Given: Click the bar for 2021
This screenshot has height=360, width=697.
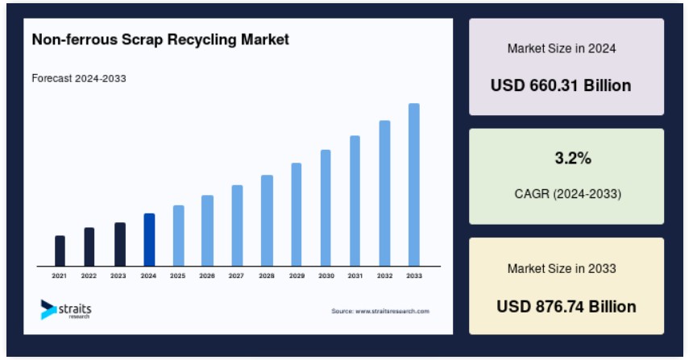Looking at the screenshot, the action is coord(60,250).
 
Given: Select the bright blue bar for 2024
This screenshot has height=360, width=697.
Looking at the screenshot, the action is coord(149,239).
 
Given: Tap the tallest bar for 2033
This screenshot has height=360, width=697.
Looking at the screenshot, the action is coord(414,184).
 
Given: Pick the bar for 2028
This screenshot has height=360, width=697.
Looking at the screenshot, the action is coord(267,221).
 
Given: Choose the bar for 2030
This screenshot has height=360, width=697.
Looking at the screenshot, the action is coord(326,208).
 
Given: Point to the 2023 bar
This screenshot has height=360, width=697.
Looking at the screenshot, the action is coord(119,245).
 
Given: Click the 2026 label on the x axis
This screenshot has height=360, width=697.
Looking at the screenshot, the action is coord(207,276).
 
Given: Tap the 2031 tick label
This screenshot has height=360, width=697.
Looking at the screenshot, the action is coord(355,276).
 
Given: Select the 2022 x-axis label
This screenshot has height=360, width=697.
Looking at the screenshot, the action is coord(89,276).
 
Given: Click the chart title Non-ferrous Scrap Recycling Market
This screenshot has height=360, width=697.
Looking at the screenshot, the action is coord(160,39).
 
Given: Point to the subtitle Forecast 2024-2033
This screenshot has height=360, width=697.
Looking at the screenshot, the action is coord(79,79).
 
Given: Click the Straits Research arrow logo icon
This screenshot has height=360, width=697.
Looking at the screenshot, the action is coord(48,309).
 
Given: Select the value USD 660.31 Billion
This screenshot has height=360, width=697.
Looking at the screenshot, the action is coord(561,85).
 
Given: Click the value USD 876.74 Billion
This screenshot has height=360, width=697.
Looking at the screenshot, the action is coord(566,307).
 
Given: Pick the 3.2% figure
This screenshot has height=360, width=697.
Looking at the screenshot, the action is coord(573,158).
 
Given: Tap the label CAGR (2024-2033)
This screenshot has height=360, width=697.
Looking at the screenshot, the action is coord(567,194).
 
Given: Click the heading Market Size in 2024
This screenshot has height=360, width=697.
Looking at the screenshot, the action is coord(562,48).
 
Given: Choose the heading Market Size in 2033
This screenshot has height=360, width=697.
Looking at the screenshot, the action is coord(562,268).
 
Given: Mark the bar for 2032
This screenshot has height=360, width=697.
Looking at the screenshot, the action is coord(384,193).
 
